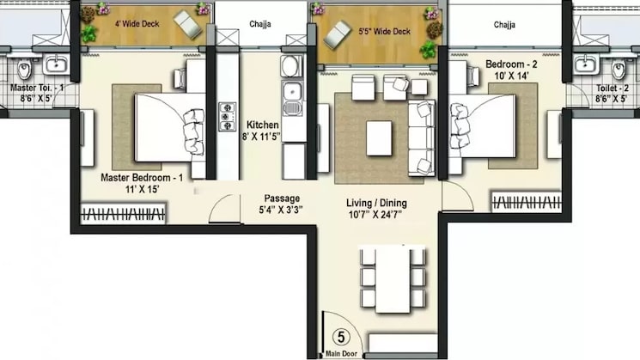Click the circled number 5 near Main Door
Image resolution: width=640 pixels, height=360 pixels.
click(339, 338)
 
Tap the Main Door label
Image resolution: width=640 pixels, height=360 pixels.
click(341, 354)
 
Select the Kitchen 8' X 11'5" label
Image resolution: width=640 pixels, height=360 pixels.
click(262, 130)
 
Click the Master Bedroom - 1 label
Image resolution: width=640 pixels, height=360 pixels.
click(142, 177)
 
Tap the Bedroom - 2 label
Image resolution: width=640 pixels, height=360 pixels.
click(513, 64)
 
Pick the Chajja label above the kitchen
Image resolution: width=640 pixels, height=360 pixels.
click(259, 25)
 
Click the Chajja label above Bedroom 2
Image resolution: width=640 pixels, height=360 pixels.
click(504, 25)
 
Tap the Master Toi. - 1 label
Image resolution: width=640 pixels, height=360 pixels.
click(38, 88)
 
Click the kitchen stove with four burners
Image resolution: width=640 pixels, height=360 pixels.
click(229, 117)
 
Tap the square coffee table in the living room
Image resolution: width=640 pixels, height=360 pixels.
click(379, 138)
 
